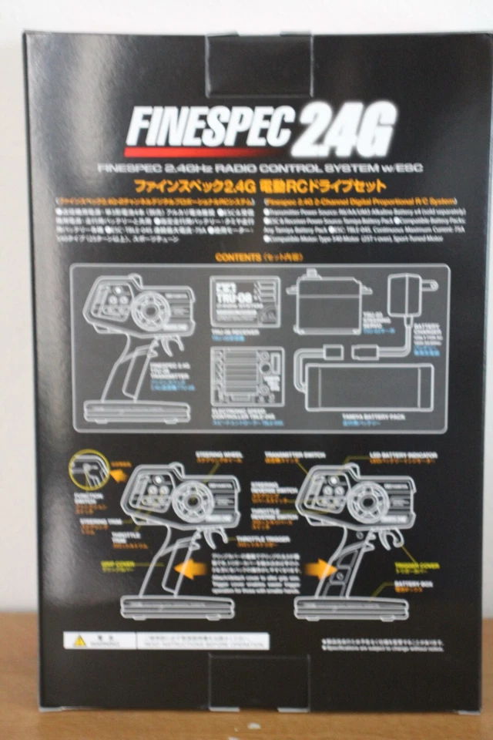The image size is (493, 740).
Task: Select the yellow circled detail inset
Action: pos(89,471)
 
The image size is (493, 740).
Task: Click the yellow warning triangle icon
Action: pos(79,640)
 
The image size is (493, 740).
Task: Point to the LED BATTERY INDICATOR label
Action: pos(404,455)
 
